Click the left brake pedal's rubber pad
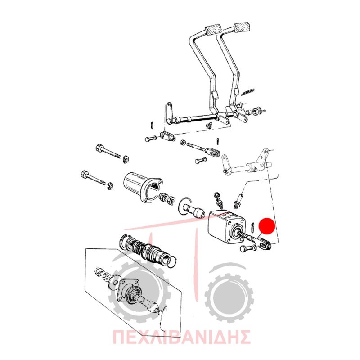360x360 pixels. [x=213, y=30]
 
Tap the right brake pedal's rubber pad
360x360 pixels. [x=242, y=27]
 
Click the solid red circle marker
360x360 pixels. [x=267, y=226]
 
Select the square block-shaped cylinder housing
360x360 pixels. [x=226, y=226]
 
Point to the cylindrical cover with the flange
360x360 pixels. [x=142, y=187]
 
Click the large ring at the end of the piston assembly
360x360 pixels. [x=172, y=262]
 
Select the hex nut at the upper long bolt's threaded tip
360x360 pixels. [x=126, y=158]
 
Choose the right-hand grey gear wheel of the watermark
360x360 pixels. [x=229, y=295]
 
